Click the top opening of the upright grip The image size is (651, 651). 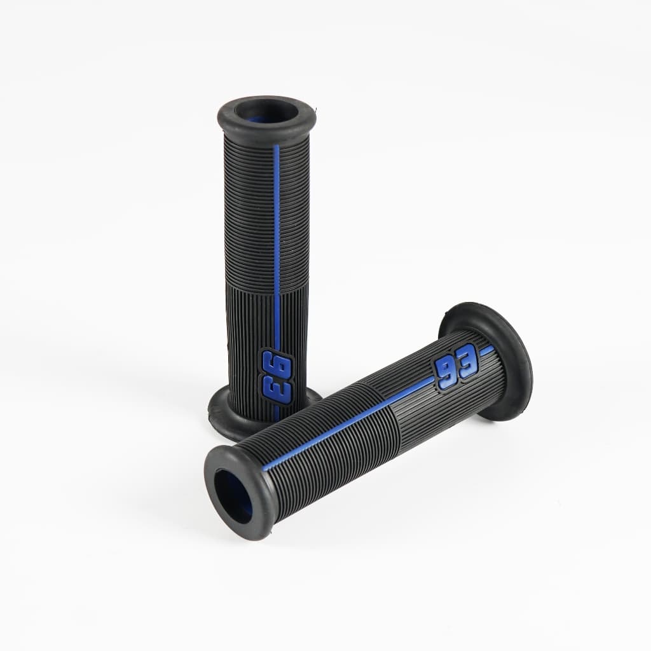pos(265,112)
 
